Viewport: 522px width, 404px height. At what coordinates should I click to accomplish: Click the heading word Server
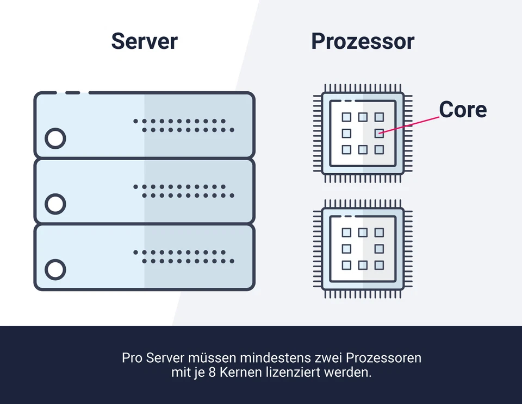pos(144,41)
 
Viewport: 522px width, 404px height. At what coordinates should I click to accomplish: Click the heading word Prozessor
pos(363,41)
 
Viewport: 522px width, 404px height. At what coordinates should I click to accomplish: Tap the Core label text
pos(463,110)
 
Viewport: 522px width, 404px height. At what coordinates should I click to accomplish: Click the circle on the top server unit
pos(55,138)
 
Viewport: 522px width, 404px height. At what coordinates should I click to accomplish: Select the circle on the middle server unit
pos(55,204)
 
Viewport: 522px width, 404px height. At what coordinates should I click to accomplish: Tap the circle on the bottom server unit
pos(55,269)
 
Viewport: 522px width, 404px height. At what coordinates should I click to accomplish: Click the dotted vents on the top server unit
pos(184,125)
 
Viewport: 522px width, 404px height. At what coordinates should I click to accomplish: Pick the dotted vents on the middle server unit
pos(184,191)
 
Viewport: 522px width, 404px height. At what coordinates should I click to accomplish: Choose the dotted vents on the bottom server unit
pos(184,257)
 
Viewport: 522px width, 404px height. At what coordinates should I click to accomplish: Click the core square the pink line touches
pos(379,133)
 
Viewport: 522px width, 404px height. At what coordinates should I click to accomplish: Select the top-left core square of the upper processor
pos(346,117)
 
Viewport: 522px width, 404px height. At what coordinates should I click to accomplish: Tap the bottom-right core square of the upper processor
pos(379,149)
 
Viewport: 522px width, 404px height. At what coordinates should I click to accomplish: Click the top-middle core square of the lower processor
pos(363,232)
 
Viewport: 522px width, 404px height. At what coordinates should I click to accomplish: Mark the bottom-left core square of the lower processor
pos(346,265)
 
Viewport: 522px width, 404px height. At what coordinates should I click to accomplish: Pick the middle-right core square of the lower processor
pos(379,249)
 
